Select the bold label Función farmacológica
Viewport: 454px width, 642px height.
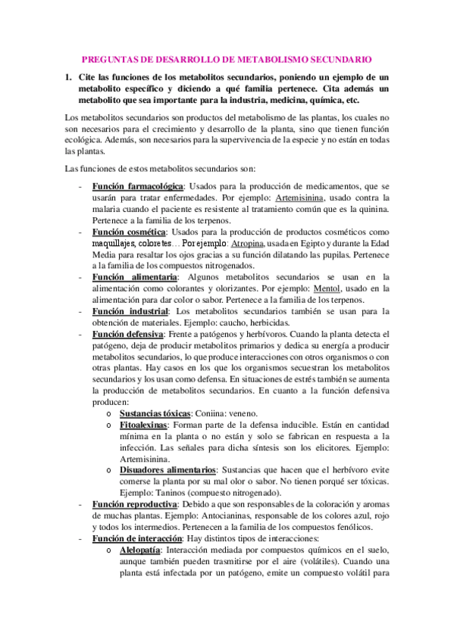click(x=137, y=186)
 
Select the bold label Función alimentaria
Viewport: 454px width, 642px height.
click(x=130, y=277)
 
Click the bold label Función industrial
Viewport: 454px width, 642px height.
click(x=129, y=311)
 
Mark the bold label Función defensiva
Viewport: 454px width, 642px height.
click(x=127, y=334)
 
